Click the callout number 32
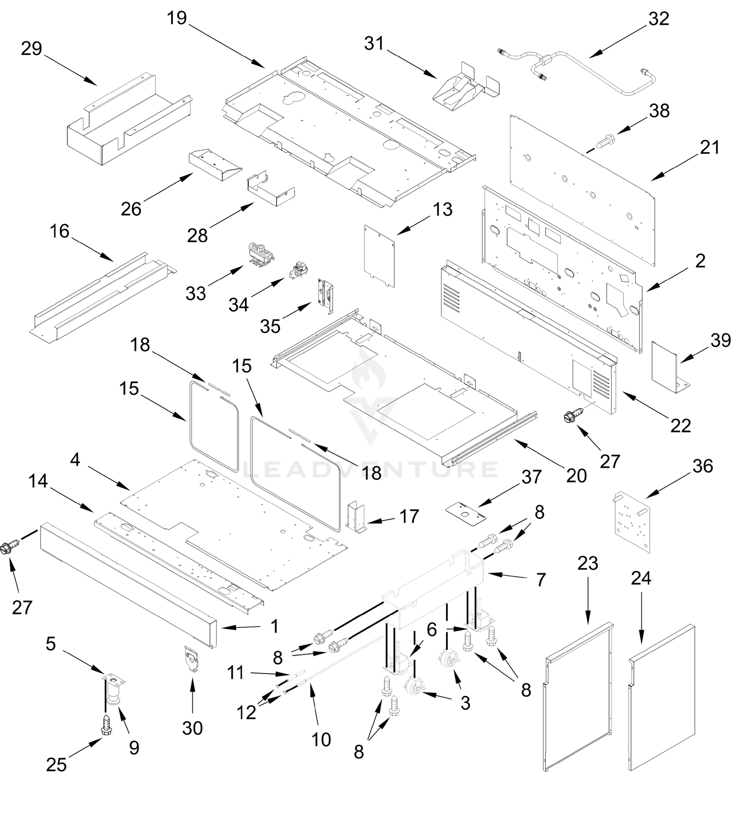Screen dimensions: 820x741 (x=658, y=19)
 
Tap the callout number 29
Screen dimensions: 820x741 (x=31, y=49)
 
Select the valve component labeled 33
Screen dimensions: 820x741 (x=261, y=254)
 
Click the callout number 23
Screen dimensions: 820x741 (x=588, y=563)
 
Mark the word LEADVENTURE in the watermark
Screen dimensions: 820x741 (x=370, y=470)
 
